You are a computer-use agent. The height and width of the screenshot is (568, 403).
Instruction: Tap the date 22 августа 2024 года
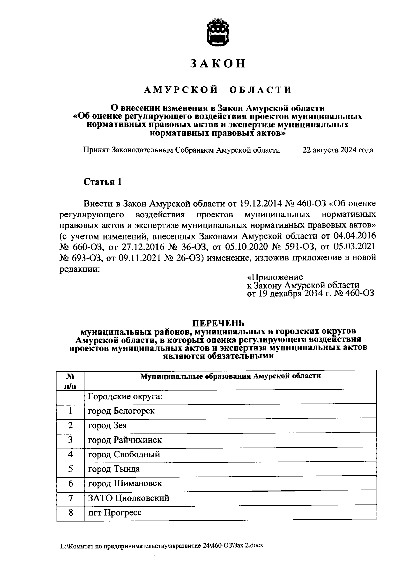[338, 150]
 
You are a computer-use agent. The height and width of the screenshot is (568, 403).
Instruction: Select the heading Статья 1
[102, 182]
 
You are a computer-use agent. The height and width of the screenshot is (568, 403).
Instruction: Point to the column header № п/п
[70, 380]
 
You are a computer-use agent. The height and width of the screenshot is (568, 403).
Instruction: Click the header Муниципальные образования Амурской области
[230, 376]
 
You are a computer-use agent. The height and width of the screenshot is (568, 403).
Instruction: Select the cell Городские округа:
[125, 397]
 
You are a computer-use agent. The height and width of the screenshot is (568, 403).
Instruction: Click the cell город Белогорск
[121, 411]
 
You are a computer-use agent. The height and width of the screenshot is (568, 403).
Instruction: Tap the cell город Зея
[107, 425]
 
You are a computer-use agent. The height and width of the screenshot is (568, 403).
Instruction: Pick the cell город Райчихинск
[125, 440]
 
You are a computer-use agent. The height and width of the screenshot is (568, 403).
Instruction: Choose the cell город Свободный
[124, 454]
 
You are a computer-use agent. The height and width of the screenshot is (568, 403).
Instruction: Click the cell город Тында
[114, 469]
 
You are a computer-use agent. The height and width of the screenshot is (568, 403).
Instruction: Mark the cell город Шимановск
[125, 483]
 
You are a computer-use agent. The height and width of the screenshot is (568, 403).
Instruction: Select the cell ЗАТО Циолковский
[128, 498]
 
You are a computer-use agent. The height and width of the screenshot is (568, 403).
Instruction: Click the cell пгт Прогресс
[115, 513]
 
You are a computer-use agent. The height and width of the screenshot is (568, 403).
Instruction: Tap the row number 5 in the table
[70, 469]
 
